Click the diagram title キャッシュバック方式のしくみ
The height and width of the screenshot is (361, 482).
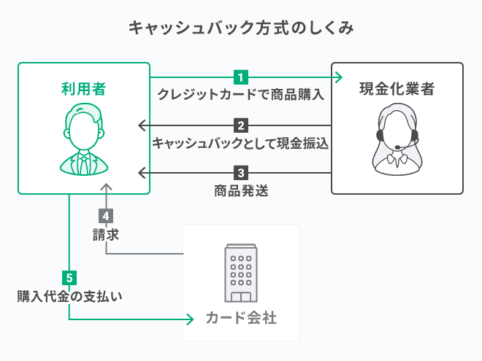click(x=241, y=28)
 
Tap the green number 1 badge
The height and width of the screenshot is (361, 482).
click(x=241, y=77)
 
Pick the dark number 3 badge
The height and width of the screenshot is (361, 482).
click(x=241, y=174)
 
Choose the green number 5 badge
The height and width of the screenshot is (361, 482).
click(x=69, y=278)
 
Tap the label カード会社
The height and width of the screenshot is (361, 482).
click(x=241, y=319)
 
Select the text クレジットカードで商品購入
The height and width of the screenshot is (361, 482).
click(x=241, y=95)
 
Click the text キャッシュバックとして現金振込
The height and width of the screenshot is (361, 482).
click(x=241, y=143)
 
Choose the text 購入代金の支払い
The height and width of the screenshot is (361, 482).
click(x=69, y=296)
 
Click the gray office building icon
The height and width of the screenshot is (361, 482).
click(x=241, y=273)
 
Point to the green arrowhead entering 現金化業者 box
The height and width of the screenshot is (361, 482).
click(x=337, y=77)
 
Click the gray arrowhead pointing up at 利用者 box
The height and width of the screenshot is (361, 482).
click(x=106, y=189)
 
